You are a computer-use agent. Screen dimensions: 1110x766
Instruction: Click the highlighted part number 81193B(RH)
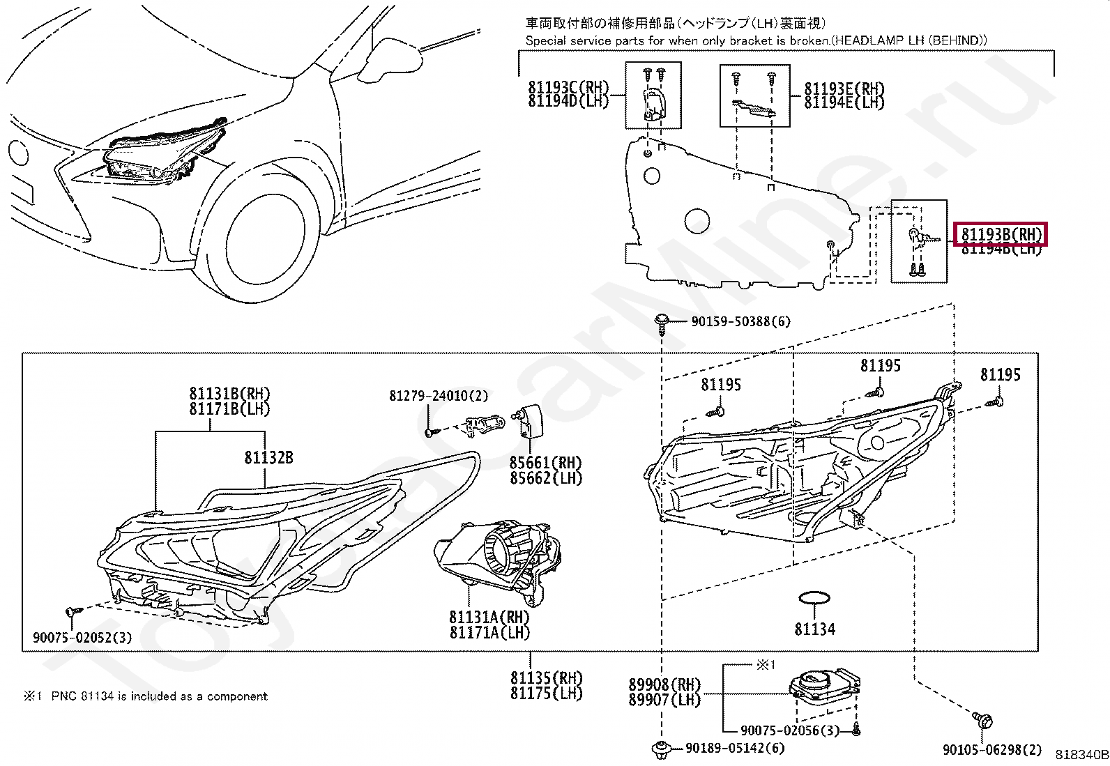click(x=1001, y=234)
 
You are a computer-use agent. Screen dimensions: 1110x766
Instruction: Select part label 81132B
click(x=268, y=457)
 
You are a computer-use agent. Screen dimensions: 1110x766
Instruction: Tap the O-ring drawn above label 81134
click(x=814, y=598)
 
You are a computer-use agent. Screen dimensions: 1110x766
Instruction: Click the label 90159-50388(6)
click(x=741, y=321)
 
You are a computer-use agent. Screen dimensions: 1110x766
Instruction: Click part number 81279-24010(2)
click(x=439, y=395)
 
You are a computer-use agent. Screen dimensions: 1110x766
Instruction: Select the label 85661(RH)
click(x=545, y=463)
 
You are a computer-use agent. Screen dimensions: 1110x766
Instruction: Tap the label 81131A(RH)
click(x=489, y=617)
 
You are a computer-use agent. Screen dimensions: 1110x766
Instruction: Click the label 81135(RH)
click(x=547, y=677)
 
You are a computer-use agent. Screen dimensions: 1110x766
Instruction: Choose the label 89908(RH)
click(x=664, y=684)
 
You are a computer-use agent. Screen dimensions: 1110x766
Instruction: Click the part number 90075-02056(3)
click(x=790, y=730)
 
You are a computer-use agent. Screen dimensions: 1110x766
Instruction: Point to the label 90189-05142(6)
click(x=736, y=748)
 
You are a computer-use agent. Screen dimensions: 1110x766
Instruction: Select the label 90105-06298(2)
click(x=992, y=750)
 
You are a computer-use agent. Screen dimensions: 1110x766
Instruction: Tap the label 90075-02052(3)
click(x=82, y=637)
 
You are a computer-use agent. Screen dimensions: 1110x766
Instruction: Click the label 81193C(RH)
click(x=568, y=87)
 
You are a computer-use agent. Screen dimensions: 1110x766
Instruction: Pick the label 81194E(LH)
click(x=844, y=102)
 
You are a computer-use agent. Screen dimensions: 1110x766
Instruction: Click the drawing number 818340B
click(x=1082, y=755)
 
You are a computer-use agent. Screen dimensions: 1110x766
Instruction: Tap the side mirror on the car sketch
click(x=391, y=58)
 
